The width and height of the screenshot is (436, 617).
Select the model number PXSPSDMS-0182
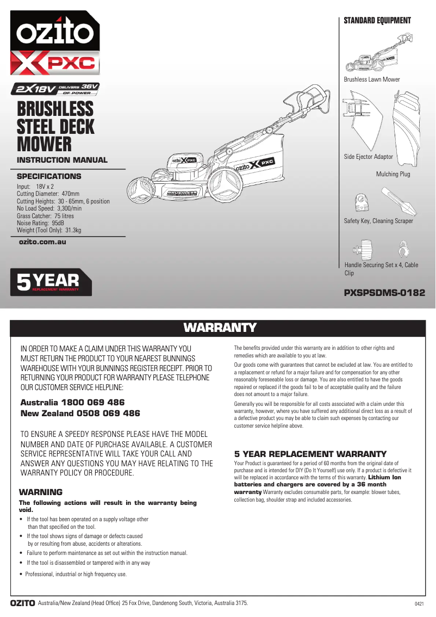click(384, 292)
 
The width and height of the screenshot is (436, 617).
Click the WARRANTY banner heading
click(220, 328)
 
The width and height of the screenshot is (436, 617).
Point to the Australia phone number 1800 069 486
click(72, 403)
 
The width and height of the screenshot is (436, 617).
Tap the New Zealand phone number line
click(80, 414)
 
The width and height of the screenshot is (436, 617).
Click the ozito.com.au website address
click(42, 242)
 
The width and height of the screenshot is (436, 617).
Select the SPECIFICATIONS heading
click(49, 176)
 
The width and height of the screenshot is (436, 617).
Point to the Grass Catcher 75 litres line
click(45, 216)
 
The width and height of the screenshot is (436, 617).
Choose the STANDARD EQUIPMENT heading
click(377, 21)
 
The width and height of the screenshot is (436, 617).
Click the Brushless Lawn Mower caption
click(371, 79)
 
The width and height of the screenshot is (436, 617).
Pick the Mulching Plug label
click(393, 174)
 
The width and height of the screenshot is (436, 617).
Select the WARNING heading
click(41, 492)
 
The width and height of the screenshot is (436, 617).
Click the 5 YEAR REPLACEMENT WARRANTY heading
click(310, 454)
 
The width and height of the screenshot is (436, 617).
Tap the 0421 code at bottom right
click(419, 604)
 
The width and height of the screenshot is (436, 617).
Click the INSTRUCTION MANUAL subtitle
click(62, 160)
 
